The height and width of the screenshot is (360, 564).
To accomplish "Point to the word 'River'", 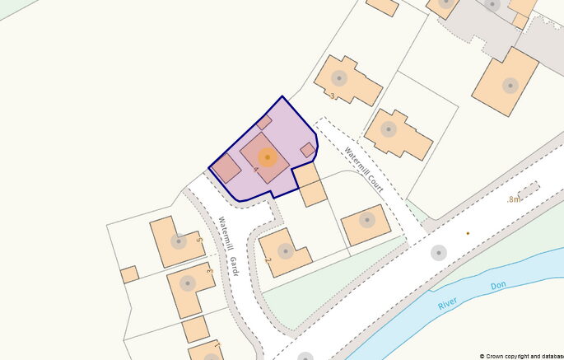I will pos(448,304).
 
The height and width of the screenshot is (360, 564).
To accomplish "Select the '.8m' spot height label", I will pos(514,199).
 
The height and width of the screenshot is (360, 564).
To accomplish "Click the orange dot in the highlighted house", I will pos(267,157).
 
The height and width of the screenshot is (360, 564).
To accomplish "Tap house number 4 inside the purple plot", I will pos(256,169).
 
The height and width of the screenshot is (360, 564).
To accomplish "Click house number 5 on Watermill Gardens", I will pos(199,240).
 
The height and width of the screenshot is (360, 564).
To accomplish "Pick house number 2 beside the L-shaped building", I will pos(268,260).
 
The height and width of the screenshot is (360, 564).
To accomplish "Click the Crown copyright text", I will pos(520,356).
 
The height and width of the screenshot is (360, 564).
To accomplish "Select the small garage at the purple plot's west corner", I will pos(226,167).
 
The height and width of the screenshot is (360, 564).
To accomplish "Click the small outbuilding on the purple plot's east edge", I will pos(307,150).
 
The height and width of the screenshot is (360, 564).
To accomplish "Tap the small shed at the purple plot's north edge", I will pos(264,122).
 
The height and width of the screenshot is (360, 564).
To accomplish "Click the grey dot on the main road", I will pos(438,253).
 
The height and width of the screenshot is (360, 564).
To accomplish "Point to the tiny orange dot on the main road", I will pos(468,233).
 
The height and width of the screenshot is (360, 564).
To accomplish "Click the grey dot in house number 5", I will pos(178,241).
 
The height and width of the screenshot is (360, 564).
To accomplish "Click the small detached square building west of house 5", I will pos(129,274).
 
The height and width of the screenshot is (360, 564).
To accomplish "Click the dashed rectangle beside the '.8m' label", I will pos(528,191).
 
